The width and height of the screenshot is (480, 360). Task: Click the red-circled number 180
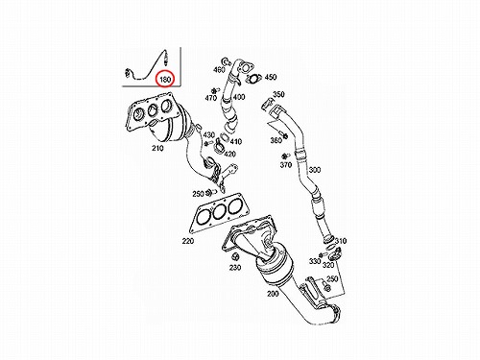tap(165, 79)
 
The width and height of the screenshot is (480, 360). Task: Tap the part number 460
tap(219, 69)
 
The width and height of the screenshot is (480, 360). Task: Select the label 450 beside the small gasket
tap(271, 77)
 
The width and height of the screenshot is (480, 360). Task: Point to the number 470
tap(211, 98)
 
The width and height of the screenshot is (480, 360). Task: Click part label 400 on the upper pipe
tap(239, 96)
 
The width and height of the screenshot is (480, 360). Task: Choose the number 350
tap(278, 94)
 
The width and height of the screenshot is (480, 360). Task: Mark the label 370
tap(286, 165)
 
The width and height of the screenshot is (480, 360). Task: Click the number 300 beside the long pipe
tap(314, 170)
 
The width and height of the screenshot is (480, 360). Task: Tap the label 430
tap(209, 134)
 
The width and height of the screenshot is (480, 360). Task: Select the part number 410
tap(236, 141)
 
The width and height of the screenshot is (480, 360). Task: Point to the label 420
tap(229, 154)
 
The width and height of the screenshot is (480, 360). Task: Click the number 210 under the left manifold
tap(157, 148)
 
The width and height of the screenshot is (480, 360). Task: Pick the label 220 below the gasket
tap(188, 241)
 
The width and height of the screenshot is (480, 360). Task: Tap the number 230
tap(235, 267)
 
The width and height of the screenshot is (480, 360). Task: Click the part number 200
tap(273, 293)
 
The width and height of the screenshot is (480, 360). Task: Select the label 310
tap(341, 241)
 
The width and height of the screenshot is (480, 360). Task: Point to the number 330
tap(315, 261)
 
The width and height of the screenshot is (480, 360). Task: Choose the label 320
tap(328, 265)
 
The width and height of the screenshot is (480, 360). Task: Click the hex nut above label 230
tap(235, 256)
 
